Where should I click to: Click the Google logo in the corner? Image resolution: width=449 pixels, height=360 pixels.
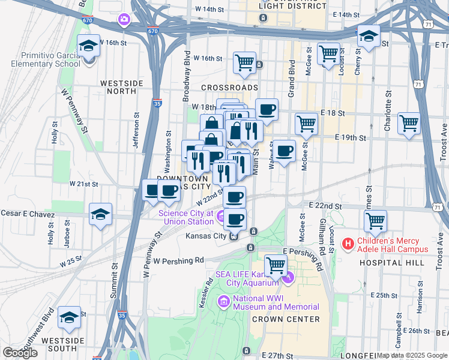20,353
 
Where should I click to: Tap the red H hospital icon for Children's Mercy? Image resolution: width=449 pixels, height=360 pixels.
347,244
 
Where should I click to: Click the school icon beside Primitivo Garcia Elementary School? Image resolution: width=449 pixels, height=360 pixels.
89,46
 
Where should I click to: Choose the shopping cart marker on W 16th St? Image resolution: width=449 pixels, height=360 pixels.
244,62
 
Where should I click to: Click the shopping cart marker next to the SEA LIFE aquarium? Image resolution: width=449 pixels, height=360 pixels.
276,265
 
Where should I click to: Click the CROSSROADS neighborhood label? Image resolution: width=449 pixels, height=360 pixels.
229,88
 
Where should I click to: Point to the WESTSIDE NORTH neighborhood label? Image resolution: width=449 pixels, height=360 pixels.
122,87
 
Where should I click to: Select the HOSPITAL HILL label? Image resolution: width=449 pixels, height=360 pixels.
384,263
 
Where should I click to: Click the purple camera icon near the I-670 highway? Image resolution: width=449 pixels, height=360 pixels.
124,20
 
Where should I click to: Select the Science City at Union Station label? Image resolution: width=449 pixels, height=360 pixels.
186,217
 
